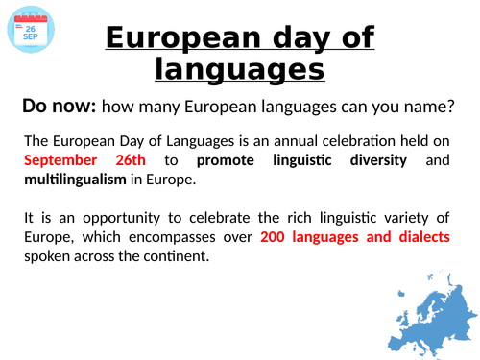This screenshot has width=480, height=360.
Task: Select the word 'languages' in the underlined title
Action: pyautogui.click(x=239, y=69)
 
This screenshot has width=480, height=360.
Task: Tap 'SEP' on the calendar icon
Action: pyautogui.click(x=31, y=38)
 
